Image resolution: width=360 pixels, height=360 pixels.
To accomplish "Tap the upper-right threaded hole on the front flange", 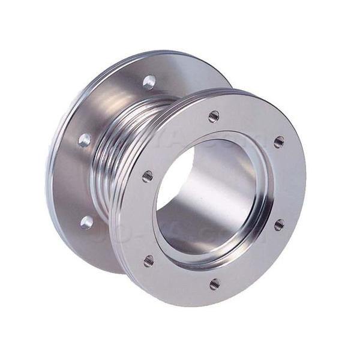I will pyautogui.click(x=279, y=142).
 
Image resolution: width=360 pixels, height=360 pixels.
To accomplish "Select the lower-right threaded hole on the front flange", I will pyautogui.click(x=280, y=224).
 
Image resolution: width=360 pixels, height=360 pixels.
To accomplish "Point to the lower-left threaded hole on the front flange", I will pyautogui.click(x=149, y=260).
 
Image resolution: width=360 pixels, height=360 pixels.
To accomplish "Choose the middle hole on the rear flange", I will pyautogui.click(x=85, y=140).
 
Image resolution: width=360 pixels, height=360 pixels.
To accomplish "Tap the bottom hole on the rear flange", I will pyautogui.click(x=88, y=222).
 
